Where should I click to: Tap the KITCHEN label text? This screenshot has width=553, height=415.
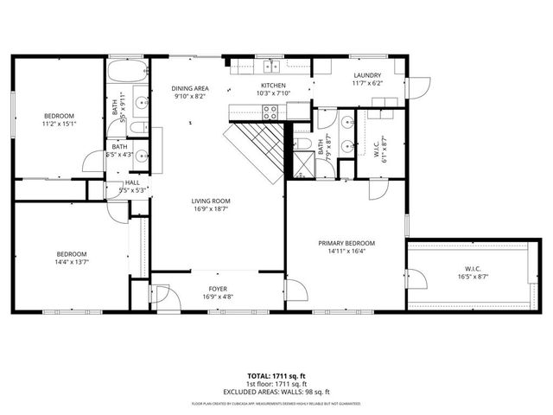pos(273,85)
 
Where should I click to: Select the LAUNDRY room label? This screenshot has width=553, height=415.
pos(367,76)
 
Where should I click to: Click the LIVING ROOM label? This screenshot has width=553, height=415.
pos(211,201)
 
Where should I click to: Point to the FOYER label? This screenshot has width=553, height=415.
pos(218,289)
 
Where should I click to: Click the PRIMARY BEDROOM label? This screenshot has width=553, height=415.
pos(346,244)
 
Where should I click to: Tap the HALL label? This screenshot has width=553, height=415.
pos(132,182)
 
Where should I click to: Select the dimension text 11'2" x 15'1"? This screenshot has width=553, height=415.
pos(60,124)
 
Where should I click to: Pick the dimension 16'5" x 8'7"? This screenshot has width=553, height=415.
pos(473,278)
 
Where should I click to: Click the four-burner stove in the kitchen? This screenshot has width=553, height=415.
pos(270,111)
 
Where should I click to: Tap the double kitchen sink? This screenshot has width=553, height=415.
pos(271,65)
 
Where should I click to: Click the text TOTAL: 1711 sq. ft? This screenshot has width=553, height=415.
pos(276,375)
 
